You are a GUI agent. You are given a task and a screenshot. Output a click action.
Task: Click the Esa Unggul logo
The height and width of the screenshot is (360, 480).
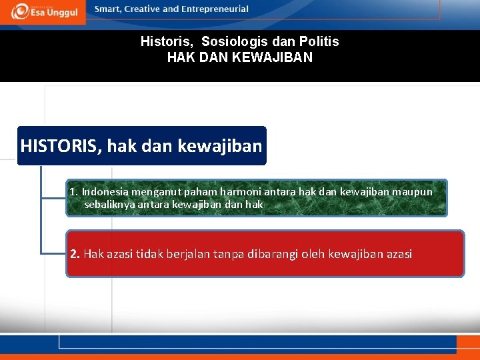tap(43, 11)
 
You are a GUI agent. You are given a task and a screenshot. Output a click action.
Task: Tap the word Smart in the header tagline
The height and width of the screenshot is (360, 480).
tap(109, 9)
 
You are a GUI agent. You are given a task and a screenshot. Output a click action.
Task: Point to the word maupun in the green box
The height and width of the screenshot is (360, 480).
tap(412, 192)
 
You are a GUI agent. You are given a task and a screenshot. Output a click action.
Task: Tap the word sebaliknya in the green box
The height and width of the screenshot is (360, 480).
tap(109, 204)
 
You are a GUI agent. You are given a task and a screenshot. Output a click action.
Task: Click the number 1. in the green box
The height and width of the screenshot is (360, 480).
tap(74, 192)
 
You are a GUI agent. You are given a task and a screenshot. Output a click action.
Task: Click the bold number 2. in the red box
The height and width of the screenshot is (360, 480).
tap(75, 254)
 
